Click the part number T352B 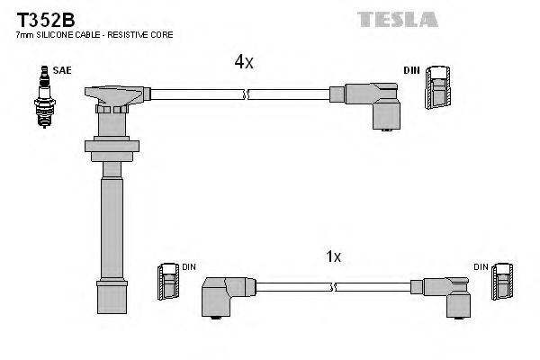click(40, 16)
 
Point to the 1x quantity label click(332, 256)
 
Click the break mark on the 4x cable click(245, 94)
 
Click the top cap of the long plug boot click(113, 94)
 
